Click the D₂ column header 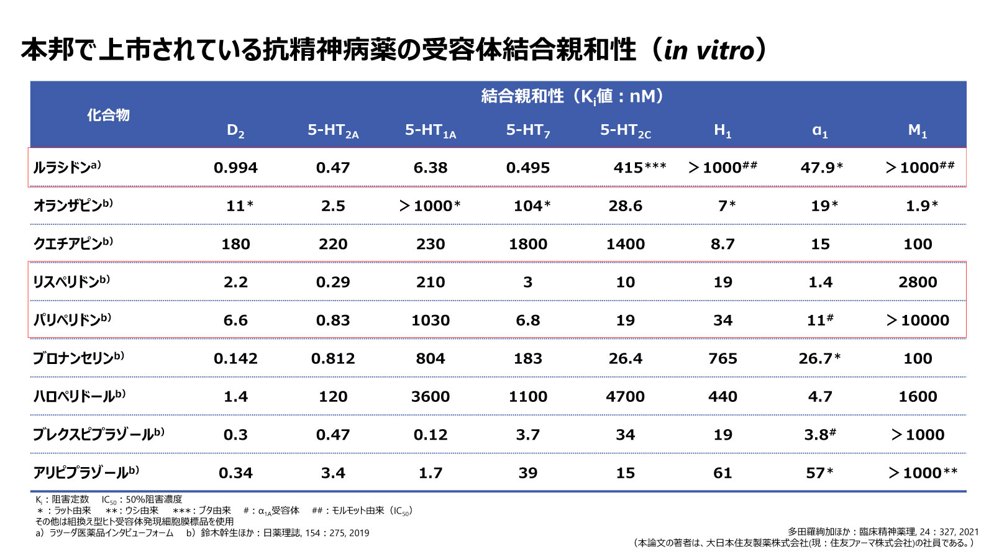235,130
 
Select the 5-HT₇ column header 527,130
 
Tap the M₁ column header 917,130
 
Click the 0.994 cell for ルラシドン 235,168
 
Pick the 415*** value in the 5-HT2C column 639,167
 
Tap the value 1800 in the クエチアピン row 527,244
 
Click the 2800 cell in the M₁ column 917,282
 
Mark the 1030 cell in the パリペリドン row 430,320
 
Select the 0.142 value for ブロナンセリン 235,358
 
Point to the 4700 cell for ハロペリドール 625,396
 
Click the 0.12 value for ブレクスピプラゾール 430,435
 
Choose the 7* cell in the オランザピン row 726,206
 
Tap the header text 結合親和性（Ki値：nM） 572,96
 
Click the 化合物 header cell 108,115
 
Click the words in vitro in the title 709,50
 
